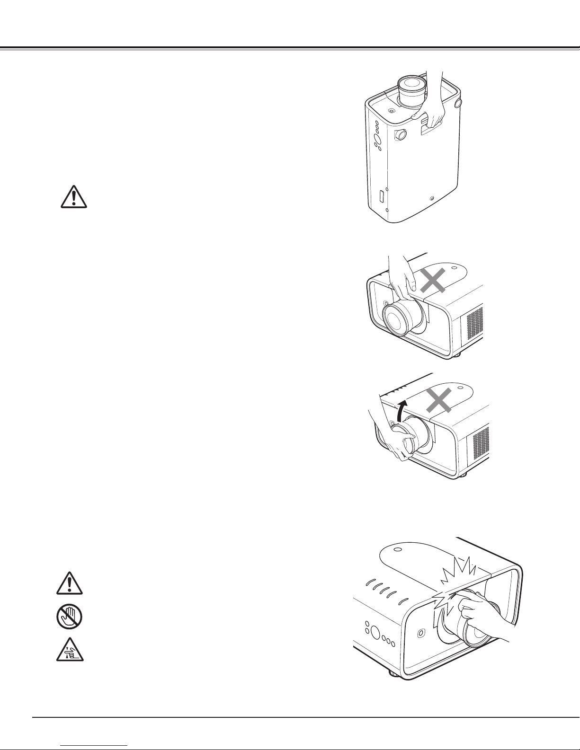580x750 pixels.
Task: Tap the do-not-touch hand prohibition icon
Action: point(69,618)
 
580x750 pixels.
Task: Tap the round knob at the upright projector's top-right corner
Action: point(457,103)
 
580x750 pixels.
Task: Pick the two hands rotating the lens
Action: point(395,438)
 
